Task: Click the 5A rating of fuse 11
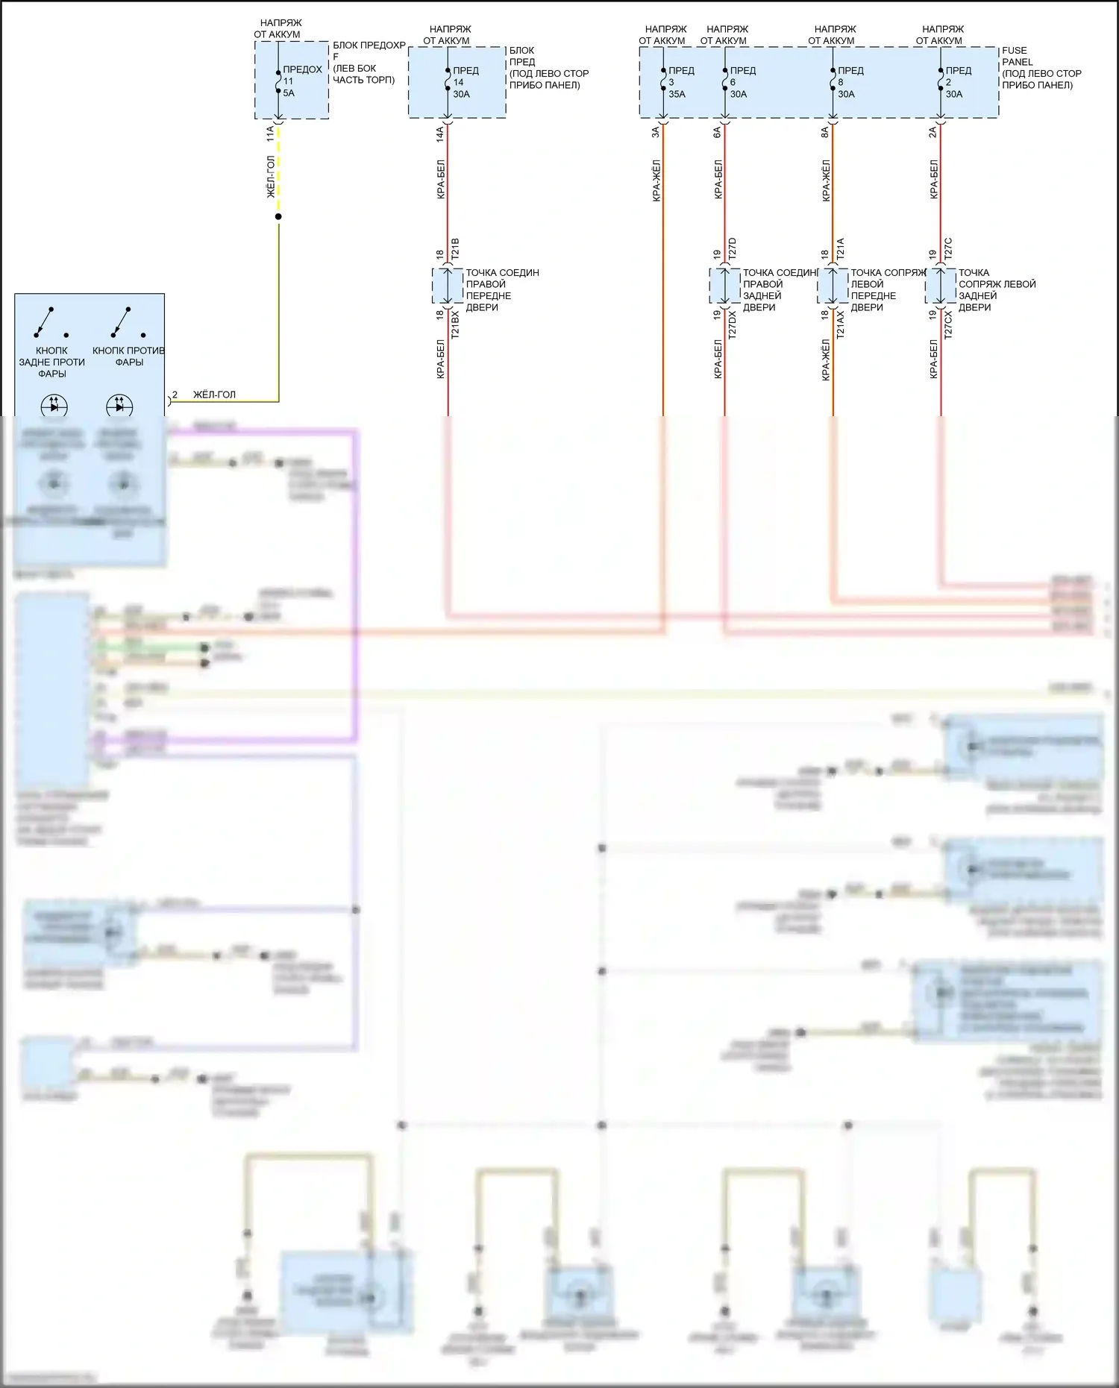coord(289,93)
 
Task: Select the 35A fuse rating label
coord(677,94)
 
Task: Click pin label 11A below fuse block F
coord(270,134)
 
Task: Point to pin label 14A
coord(440,134)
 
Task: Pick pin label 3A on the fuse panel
coord(656,132)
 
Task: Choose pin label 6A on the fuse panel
coord(717,132)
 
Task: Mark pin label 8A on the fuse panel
coord(825,132)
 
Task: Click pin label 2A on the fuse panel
coord(932,132)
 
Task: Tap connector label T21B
coord(455,248)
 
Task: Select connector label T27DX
coord(732,325)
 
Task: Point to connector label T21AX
coord(840,325)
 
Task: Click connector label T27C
coord(948,248)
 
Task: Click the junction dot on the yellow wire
coord(278,216)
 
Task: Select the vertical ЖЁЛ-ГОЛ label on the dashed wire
coord(272,177)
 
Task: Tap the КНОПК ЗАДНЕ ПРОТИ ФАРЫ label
coord(51,362)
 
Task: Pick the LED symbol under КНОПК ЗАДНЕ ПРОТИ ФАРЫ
coord(54,406)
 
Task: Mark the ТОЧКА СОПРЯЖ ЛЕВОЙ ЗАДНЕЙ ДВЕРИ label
coord(997,289)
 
